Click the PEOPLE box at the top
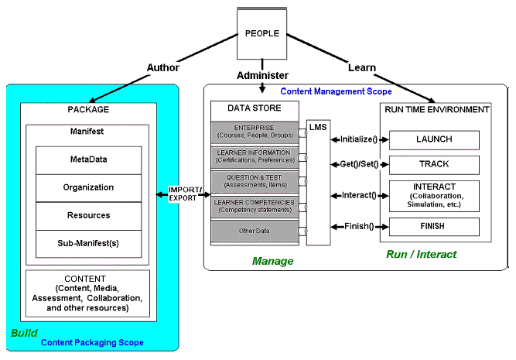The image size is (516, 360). pos(261,34)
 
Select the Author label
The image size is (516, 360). pos(162,67)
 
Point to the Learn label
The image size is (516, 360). pos(362,67)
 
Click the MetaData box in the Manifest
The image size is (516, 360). pos(89,159)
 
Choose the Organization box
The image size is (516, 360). pos(89,187)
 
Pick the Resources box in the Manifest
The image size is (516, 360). pos(89,215)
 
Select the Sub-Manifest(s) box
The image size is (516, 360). pos(89,243)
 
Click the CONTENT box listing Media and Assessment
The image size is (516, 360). pos(87,293)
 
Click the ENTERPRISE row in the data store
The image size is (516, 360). pos(255,131)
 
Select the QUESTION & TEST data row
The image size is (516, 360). pos(255,181)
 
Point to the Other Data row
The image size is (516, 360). pos(255,230)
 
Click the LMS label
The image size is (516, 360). pos(318,126)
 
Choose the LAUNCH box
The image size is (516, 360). pos(433,139)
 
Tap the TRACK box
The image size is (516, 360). pos(433,164)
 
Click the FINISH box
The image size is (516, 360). pos(433,226)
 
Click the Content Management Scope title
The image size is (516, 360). pos(336,91)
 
